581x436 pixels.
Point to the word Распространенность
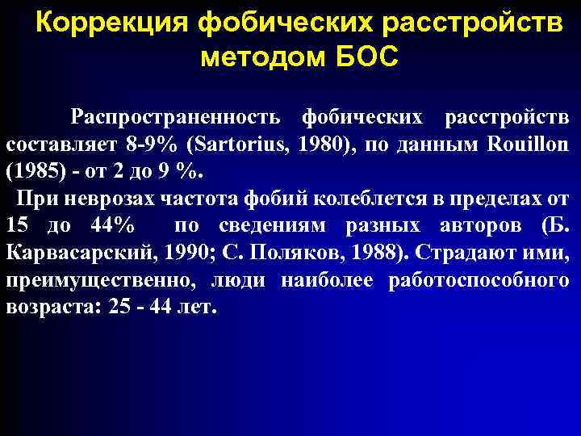pos(175,117)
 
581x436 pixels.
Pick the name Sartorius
pos(228,145)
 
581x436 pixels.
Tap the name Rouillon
pos(529,145)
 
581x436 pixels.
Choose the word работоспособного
pos(479,281)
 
